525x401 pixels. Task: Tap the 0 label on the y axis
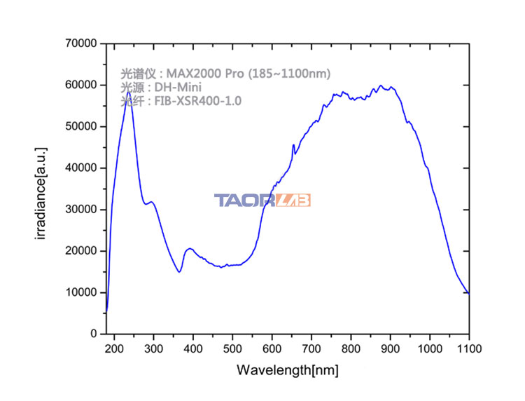click(94, 334)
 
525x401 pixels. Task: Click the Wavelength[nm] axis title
click(288, 370)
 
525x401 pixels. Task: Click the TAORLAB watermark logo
click(262, 200)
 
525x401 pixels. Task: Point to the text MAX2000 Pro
click(205, 73)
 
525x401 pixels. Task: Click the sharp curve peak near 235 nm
click(129, 92)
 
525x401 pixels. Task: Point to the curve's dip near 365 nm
click(180, 272)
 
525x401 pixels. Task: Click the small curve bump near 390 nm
click(189, 248)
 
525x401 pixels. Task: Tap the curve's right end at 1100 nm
click(468, 293)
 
